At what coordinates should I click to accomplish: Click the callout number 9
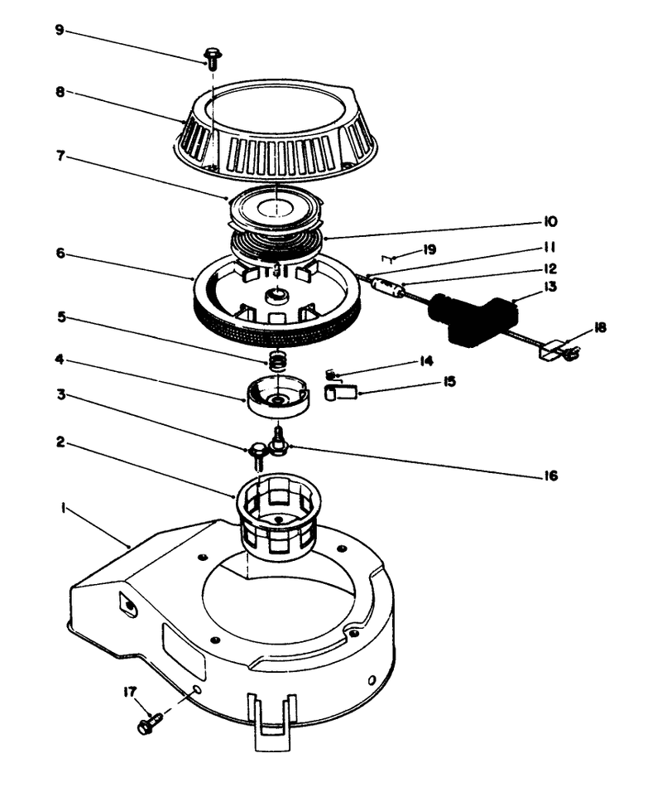pyautogui.click(x=59, y=31)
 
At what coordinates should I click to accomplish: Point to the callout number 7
pyautogui.click(x=59, y=157)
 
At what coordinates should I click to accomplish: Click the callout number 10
pyautogui.click(x=550, y=222)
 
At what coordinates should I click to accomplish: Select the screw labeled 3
pyautogui.click(x=258, y=453)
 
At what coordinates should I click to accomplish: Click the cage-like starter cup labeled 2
pyautogui.click(x=280, y=515)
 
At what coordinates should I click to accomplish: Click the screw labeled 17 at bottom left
pyautogui.click(x=146, y=724)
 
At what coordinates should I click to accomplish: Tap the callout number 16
pyautogui.click(x=550, y=476)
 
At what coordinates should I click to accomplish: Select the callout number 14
pyautogui.click(x=426, y=362)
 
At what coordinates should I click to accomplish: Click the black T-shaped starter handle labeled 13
pyautogui.click(x=472, y=316)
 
